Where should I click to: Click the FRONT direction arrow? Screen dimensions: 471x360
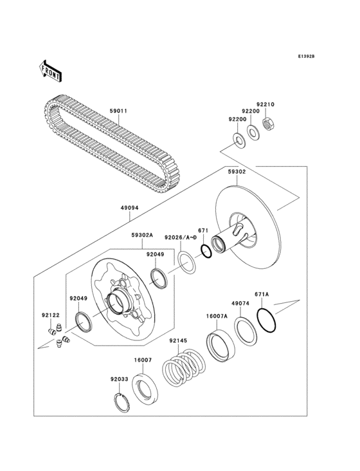(x=50, y=70)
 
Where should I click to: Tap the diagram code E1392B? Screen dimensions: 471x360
(x=306, y=57)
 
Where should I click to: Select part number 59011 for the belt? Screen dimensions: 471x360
(x=118, y=111)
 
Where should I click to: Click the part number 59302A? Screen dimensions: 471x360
(x=142, y=235)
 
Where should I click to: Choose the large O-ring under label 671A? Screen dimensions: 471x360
(x=268, y=320)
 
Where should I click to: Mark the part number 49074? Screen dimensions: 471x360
(x=240, y=304)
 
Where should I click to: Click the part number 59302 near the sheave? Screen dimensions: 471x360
(x=237, y=172)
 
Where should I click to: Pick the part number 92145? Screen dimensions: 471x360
(x=178, y=340)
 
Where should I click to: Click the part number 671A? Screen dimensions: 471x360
(x=262, y=294)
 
